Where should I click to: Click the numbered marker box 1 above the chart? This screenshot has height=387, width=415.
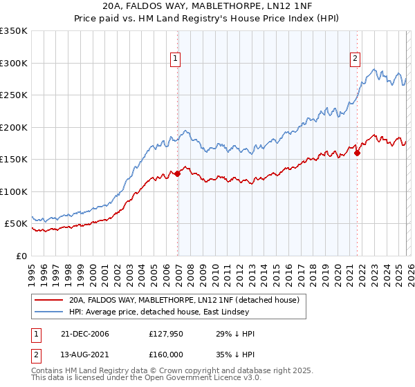click(x=176, y=59)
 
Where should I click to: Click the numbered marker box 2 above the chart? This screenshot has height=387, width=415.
click(x=355, y=59)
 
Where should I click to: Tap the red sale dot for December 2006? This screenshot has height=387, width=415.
click(x=178, y=173)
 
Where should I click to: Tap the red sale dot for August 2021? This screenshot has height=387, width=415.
click(x=358, y=153)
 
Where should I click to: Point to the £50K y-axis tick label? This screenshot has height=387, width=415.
click(x=16, y=224)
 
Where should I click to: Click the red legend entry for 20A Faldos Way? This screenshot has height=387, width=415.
click(x=183, y=301)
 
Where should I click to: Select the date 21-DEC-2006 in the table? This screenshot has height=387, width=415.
click(x=85, y=334)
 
